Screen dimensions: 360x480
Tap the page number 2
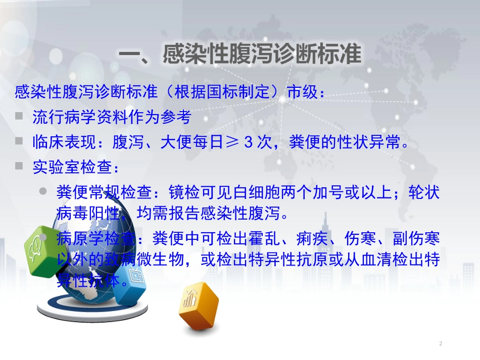tap(441, 344)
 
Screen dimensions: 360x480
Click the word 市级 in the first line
tap(303, 93)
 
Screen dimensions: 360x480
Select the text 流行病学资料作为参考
tap(112, 118)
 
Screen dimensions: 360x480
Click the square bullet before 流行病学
tap(19, 116)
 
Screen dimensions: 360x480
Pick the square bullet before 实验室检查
tap(19, 166)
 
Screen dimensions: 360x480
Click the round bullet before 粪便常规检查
tap(44, 191)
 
